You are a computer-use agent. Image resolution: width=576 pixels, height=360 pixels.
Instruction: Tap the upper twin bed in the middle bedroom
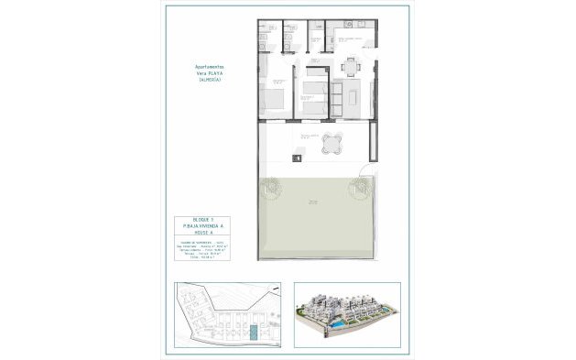tap(314, 90)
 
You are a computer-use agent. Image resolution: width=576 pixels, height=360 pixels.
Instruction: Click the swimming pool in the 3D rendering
tap(338, 325)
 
